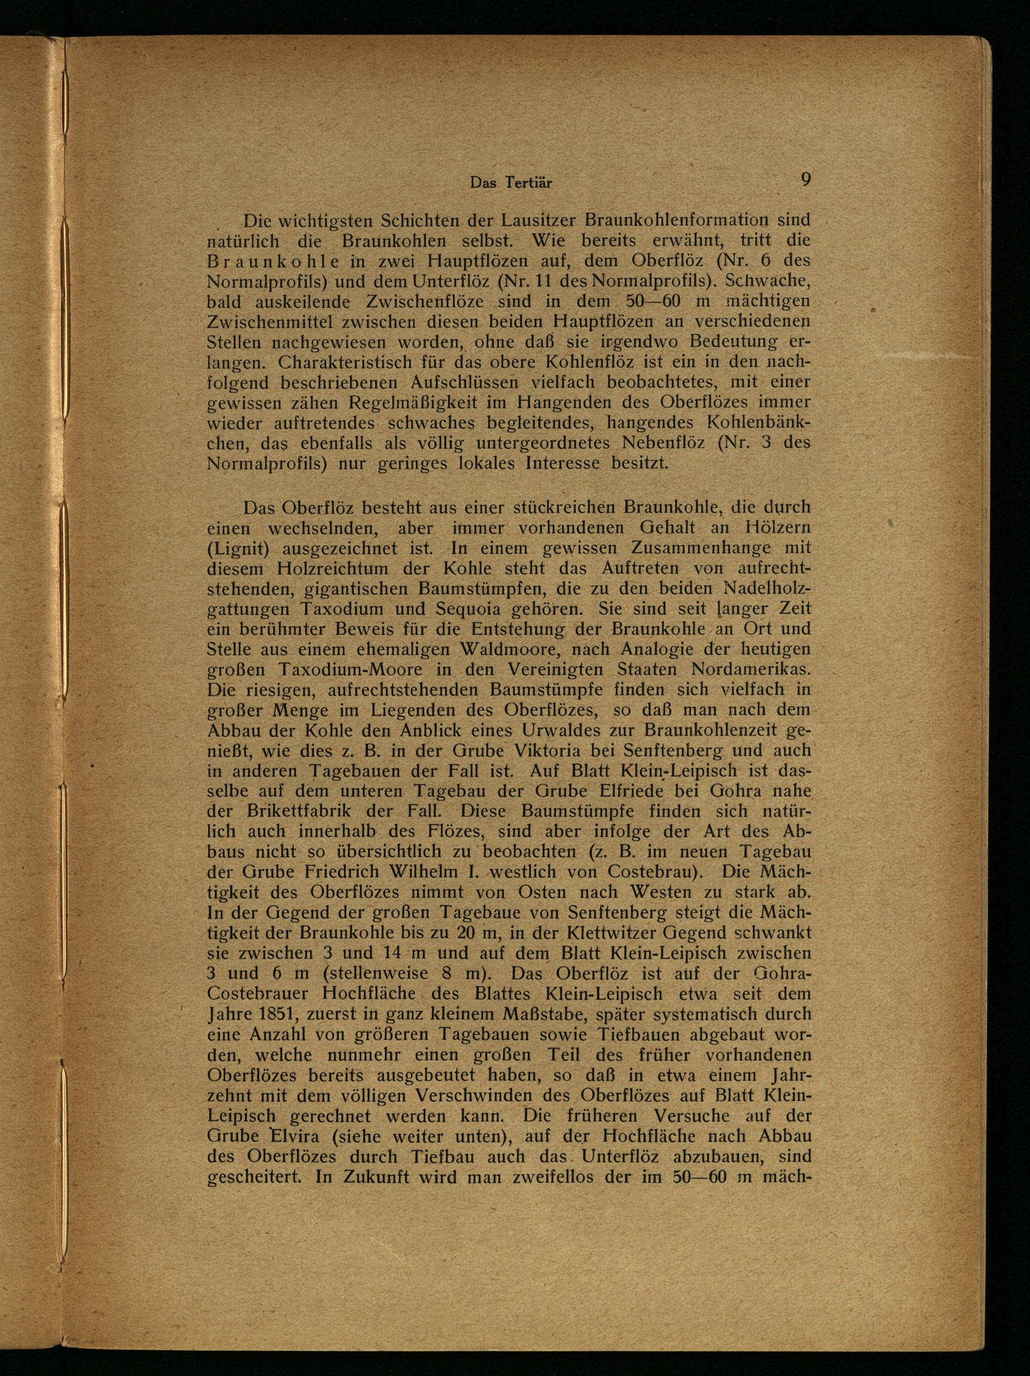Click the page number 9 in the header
point(805,180)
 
